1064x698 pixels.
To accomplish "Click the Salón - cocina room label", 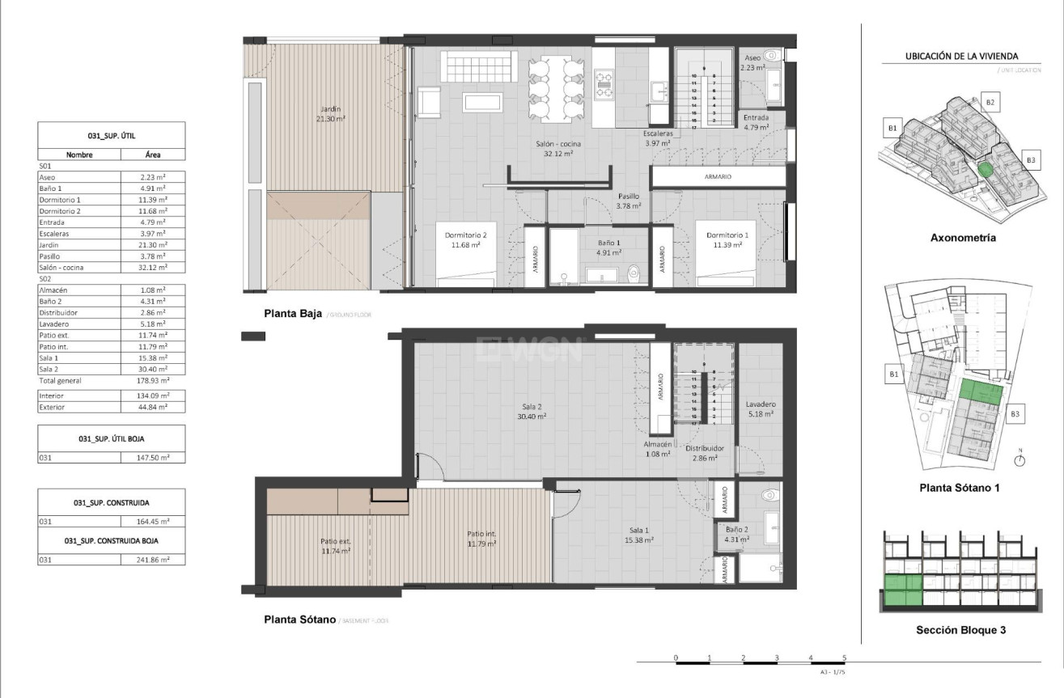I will (557, 148).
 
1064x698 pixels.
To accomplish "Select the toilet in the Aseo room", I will (771, 57).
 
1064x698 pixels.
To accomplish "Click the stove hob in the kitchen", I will (604, 84).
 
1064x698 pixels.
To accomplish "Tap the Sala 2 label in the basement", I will (531, 411).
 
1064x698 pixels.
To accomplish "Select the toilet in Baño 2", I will (769, 494).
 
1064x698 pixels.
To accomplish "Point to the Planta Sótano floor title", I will (299, 620).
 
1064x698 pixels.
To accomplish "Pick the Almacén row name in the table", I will (53, 290).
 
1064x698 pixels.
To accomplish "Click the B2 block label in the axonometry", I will (992, 102).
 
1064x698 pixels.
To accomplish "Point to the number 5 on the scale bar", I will (844, 658).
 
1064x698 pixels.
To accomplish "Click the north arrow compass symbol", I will (1020, 459).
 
